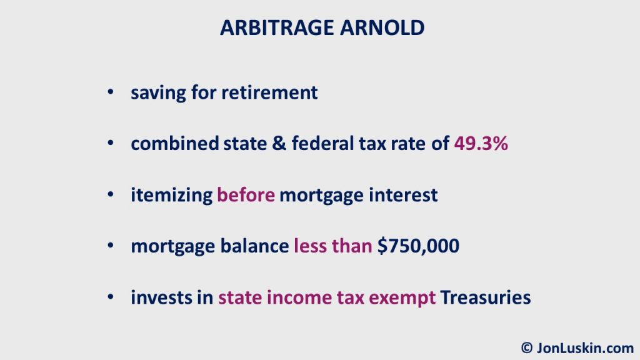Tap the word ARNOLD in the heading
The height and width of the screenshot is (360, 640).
pyautogui.click(x=382, y=27)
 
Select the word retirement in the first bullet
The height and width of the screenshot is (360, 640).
pyautogui.click(x=269, y=92)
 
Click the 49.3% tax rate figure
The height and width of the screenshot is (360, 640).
pyautogui.click(x=481, y=144)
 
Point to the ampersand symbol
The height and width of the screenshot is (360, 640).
pyautogui.click(x=279, y=144)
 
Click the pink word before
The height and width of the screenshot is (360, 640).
pyautogui.click(x=246, y=195)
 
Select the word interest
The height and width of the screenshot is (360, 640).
pyautogui.click(x=403, y=195)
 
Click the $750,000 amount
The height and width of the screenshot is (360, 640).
pyautogui.click(x=418, y=246)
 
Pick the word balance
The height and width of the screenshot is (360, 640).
pyautogui.click(x=255, y=246)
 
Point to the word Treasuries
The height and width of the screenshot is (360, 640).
pyautogui.click(x=486, y=297)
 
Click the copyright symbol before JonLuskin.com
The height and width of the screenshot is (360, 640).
pyautogui.click(x=527, y=347)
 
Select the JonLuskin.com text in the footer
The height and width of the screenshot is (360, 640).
pyautogui.click(x=585, y=347)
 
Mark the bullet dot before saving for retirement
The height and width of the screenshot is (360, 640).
pyautogui.click(x=110, y=92)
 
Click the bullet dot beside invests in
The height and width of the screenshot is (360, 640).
pyautogui.click(x=110, y=297)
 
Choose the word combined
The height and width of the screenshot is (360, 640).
pyautogui.click(x=175, y=144)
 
